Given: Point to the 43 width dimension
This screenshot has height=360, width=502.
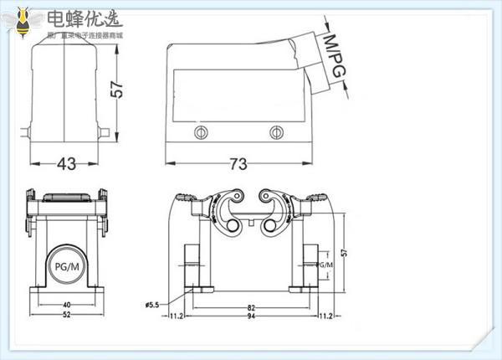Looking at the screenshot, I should tap(66, 164).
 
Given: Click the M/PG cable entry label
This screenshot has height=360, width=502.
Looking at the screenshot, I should tap(334, 59).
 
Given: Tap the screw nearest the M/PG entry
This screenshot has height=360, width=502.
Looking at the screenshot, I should tap(277, 133).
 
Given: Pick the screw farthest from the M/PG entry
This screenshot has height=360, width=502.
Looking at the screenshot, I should tap(199, 133).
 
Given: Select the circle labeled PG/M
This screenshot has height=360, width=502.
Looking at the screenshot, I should tap(64, 265).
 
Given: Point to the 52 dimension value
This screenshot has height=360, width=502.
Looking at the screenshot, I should tap(65, 316).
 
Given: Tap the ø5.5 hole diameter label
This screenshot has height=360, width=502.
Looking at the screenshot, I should tap(153, 303).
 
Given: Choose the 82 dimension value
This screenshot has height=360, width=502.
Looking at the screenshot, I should tap(250, 308).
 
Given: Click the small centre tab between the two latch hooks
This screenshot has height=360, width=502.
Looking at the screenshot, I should tap(250, 224).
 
